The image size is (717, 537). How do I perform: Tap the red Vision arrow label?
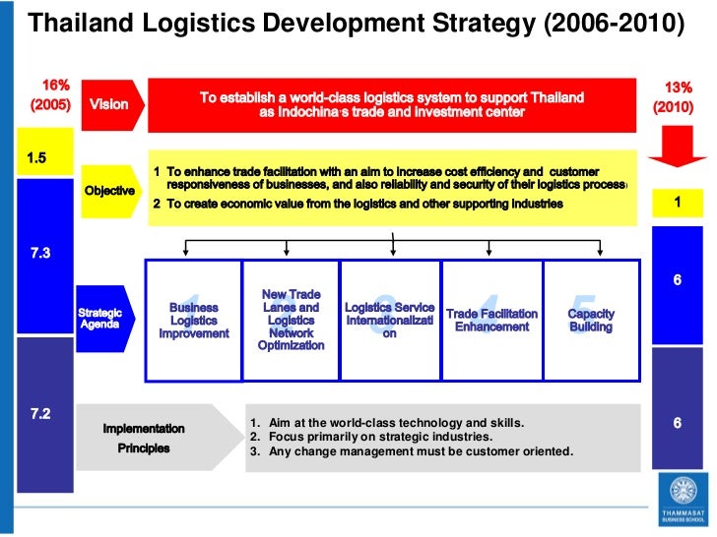pos(110,104)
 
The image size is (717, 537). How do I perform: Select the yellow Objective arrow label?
pos(109,190)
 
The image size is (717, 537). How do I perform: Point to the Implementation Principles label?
pos(144,439)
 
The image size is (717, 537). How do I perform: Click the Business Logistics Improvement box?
pos(193,321)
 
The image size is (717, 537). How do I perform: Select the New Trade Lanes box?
pos(291,321)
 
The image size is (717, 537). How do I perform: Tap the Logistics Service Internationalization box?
pos(390,321)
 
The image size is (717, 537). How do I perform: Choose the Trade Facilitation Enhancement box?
pos(491,321)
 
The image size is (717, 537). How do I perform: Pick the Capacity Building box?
pos(591,321)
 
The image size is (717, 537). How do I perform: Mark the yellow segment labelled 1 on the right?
pos(677,202)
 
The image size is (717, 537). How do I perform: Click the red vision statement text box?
pos(392,104)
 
